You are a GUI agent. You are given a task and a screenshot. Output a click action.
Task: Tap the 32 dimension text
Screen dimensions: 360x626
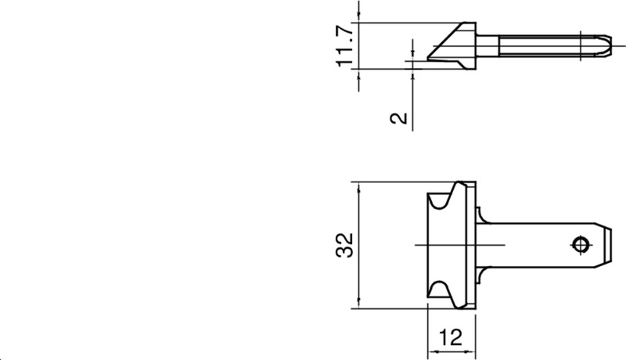(345, 245)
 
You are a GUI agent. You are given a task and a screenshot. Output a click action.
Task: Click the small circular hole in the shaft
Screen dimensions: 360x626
(580, 245)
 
